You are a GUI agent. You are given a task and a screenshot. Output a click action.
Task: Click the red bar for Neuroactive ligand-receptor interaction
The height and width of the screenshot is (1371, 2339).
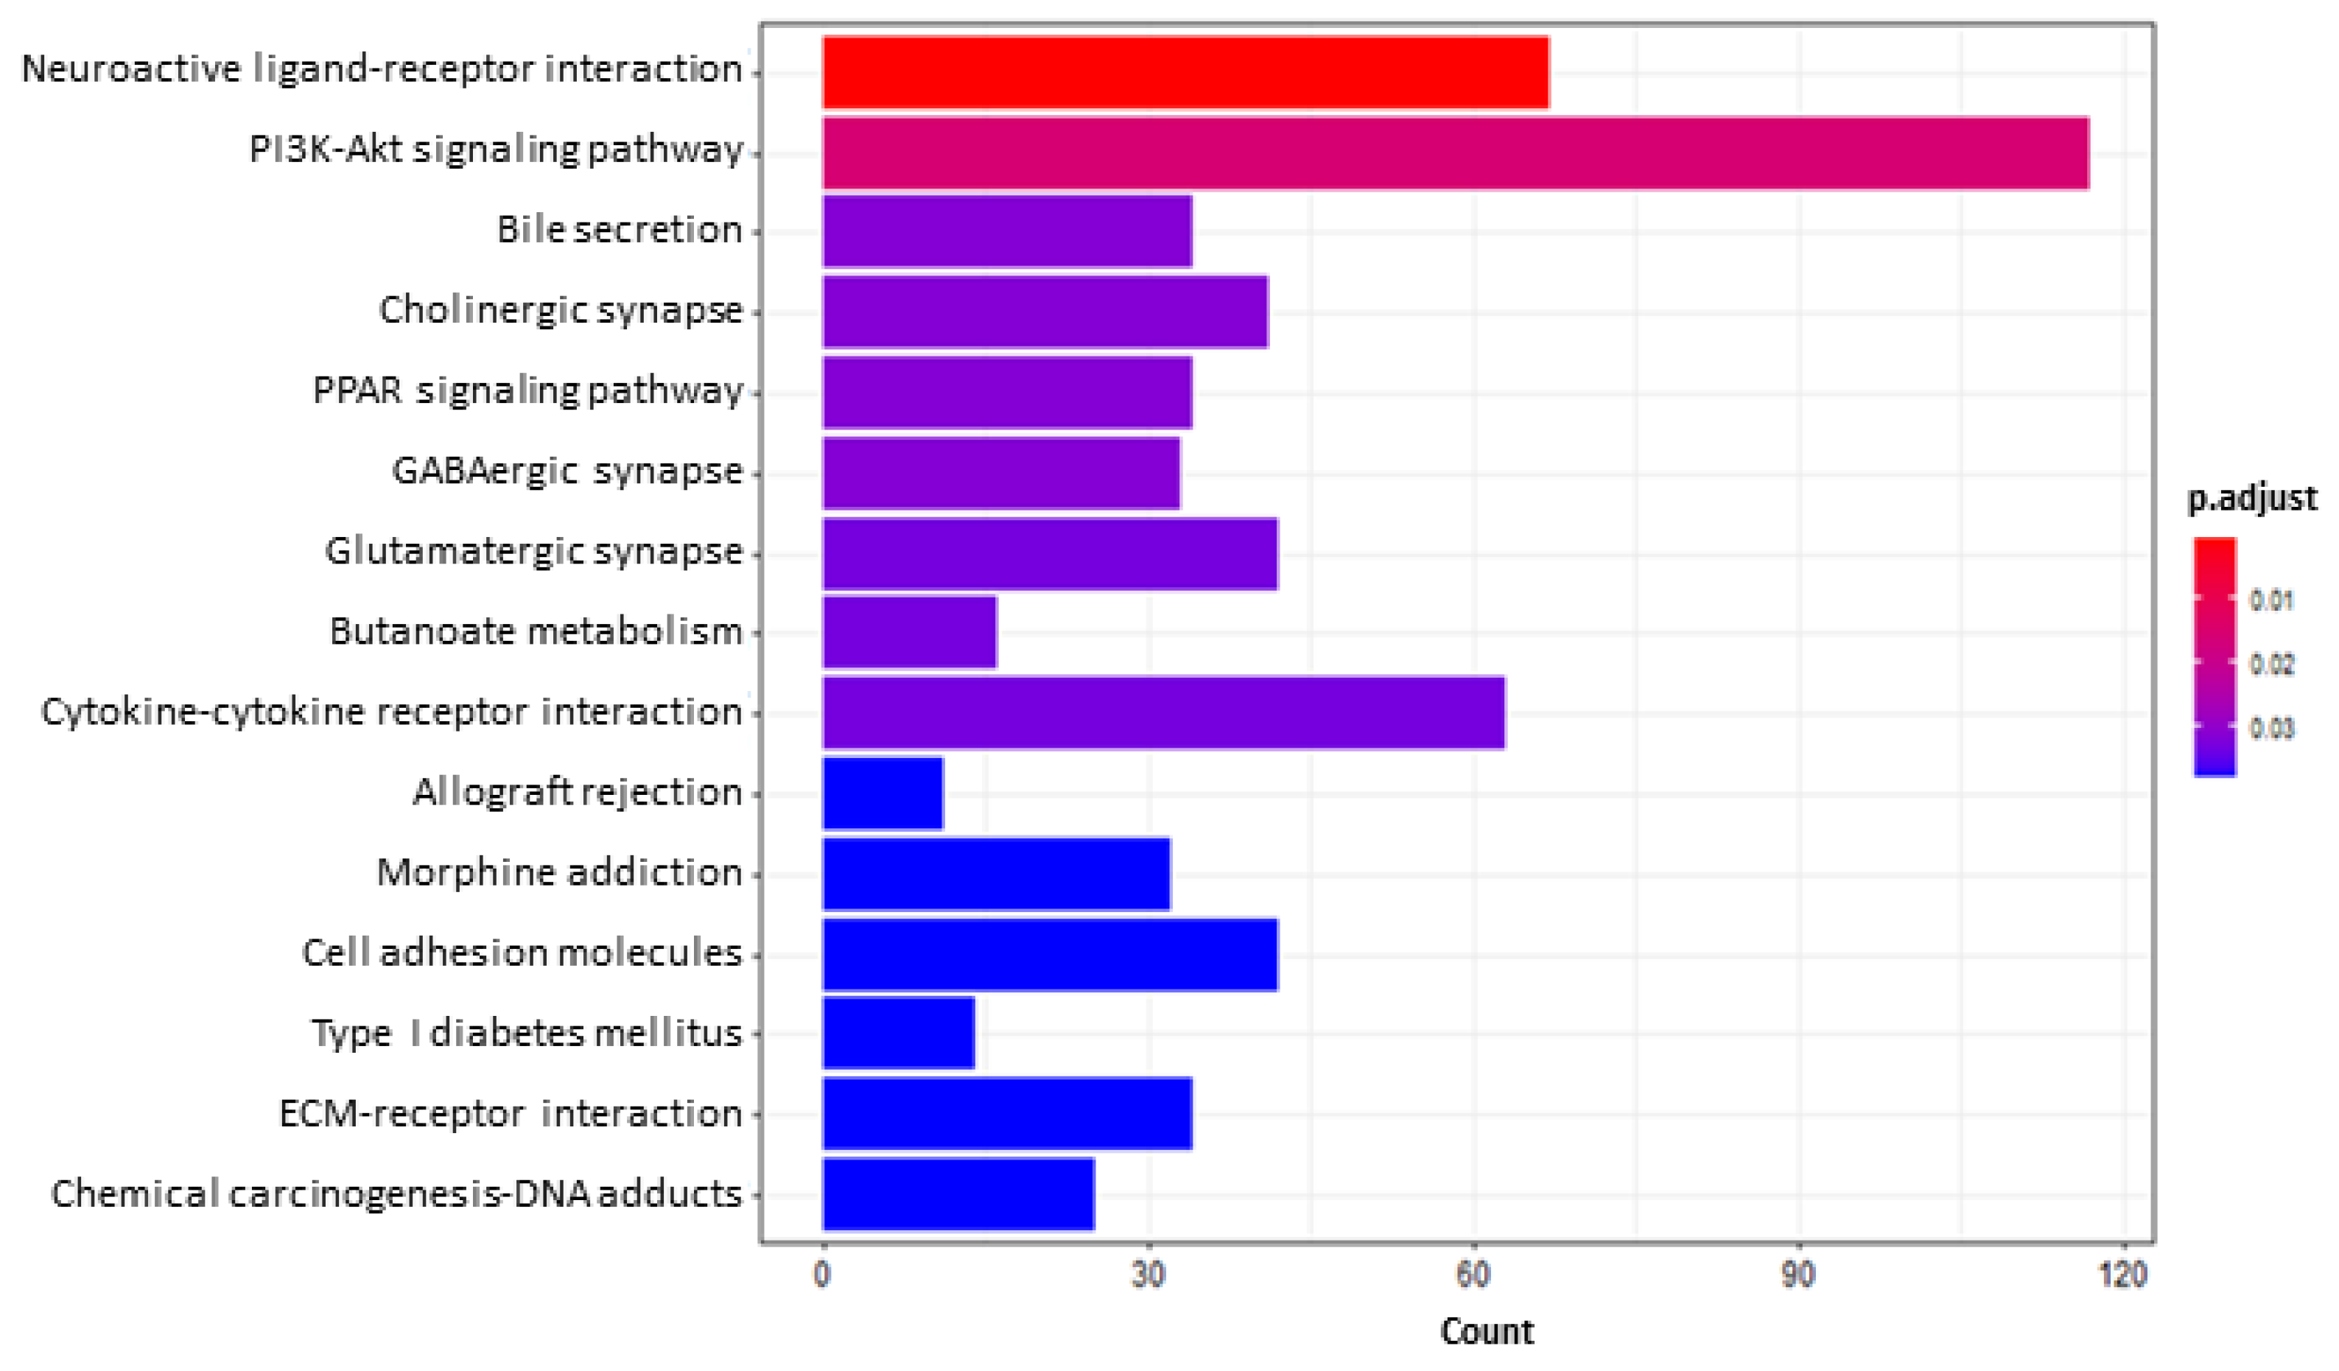pyautogui.click(x=1185, y=72)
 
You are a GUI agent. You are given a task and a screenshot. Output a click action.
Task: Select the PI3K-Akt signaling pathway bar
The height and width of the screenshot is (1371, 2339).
pyautogui.click(x=1454, y=153)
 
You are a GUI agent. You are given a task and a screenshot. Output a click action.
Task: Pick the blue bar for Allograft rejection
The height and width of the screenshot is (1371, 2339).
pyautogui.click(x=882, y=793)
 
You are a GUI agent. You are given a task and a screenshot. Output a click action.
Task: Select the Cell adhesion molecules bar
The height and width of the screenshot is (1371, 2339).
pyautogui.click(x=1049, y=954)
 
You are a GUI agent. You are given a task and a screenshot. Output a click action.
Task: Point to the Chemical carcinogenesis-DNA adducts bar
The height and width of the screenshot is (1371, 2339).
pyautogui.click(x=958, y=1193)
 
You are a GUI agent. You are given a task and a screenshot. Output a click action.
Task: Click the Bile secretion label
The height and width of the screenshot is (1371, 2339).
pyautogui.click(x=619, y=230)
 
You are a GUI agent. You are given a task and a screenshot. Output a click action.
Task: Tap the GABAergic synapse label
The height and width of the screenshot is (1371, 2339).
pyautogui.click(x=567, y=471)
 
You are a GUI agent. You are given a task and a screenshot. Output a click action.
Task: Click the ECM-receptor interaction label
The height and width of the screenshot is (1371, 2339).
pyautogui.click(x=510, y=1113)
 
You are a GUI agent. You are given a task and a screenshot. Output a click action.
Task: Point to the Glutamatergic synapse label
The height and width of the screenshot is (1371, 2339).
pyautogui.click(x=533, y=551)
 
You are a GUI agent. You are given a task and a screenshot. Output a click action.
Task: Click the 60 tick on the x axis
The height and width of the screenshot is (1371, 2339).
pyautogui.click(x=1473, y=1275)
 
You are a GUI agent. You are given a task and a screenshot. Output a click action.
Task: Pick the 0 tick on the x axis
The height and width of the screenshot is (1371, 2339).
pyautogui.click(x=822, y=1275)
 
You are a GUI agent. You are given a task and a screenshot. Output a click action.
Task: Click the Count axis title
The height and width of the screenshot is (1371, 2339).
pyautogui.click(x=1486, y=1332)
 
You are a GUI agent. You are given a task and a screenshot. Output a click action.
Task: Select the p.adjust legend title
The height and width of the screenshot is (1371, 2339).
pyautogui.click(x=2251, y=499)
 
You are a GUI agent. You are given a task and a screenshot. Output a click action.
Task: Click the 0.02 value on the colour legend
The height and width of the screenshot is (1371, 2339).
pyautogui.click(x=2271, y=665)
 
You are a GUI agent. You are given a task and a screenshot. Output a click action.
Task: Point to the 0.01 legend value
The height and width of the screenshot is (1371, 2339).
pyautogui.click(x=2271, y=600)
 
